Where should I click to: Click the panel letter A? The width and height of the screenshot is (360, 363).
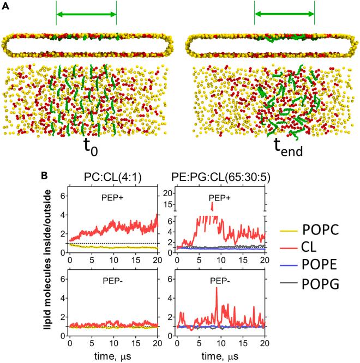(5, 5)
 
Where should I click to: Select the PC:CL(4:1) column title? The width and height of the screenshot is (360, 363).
(114, 177)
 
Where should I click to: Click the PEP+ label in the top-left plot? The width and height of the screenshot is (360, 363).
(113, 199)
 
